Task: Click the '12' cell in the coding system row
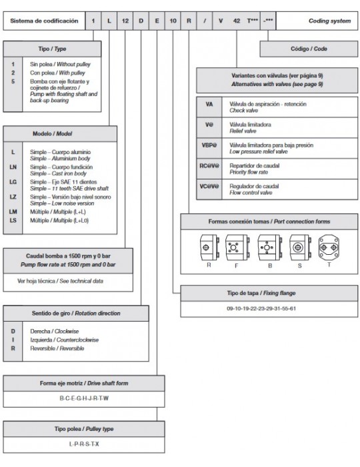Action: click(125, 21)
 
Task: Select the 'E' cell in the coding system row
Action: click(157, 21)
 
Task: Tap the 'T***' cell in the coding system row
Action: click(252, 21)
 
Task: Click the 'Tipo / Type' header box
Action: click(52, 49)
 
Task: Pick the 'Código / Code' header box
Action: click(309, 49)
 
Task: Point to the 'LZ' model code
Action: click(13, 197)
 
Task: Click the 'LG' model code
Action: click(13, 181)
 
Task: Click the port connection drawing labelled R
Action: click(209, 248)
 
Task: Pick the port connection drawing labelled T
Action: click(329, 247)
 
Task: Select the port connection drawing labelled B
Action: click(269, 248)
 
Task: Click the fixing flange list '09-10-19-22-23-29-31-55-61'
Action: click(261, 308)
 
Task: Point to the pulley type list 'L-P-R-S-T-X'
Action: click(84, 444)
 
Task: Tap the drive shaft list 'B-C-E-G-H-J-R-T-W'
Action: click(84, 398)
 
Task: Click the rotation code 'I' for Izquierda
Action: click(13, 340)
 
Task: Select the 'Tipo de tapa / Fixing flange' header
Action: click(269, 294)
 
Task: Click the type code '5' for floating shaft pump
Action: click(13, 81)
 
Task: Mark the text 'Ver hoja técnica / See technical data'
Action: click(60, 281)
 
